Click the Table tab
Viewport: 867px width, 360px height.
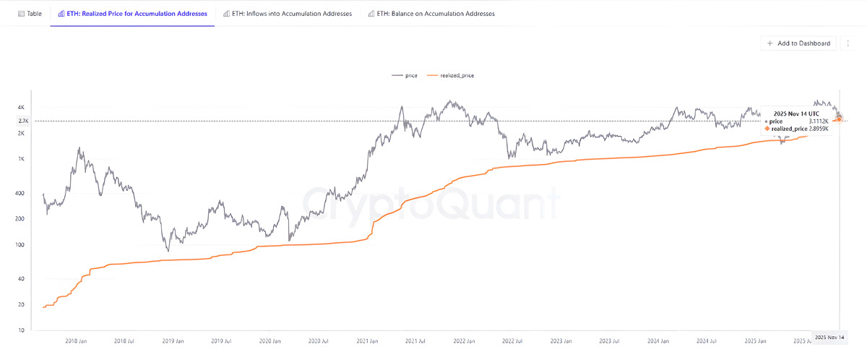[30, 14]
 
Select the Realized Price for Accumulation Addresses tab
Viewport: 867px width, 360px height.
[132, 14]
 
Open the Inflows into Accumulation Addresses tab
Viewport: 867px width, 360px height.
[288, 14]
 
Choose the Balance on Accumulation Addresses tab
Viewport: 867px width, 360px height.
[431, 14]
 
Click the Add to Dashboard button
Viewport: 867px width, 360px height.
[799, 43]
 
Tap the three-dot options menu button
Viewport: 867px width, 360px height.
[847, 43]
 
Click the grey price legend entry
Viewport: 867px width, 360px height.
[404, 75]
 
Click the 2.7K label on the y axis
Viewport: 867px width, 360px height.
[22, 121]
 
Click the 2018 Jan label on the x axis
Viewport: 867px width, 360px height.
[77, 340]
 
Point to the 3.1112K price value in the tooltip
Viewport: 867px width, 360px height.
[818, 121]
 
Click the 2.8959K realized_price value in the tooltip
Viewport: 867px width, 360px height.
[818, 128]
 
